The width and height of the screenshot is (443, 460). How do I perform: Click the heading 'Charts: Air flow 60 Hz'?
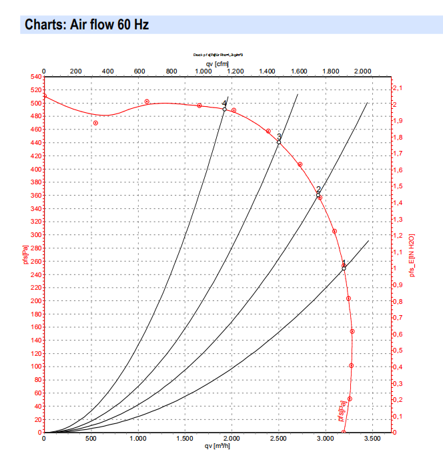point(87,25)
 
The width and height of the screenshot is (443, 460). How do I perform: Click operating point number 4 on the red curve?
point(225,109)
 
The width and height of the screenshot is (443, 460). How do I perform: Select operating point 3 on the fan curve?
point(279,142)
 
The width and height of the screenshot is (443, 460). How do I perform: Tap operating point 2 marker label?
point(318,190)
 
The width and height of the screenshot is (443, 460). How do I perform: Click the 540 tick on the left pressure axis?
point(34,77)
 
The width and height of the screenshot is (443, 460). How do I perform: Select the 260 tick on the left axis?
point(34,261)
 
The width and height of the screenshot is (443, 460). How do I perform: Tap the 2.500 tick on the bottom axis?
point(279,439)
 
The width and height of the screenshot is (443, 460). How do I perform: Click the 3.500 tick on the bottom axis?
point(373,439)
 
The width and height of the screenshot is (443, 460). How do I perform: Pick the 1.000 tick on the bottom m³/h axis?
point(138,439)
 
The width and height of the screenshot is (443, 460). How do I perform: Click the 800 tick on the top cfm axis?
point(171,71)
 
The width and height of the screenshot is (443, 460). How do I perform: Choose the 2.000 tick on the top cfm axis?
point(362,71)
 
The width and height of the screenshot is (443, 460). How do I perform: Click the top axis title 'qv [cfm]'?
point(217,63)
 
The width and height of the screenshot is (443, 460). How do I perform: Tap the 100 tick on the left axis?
point(34,367)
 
